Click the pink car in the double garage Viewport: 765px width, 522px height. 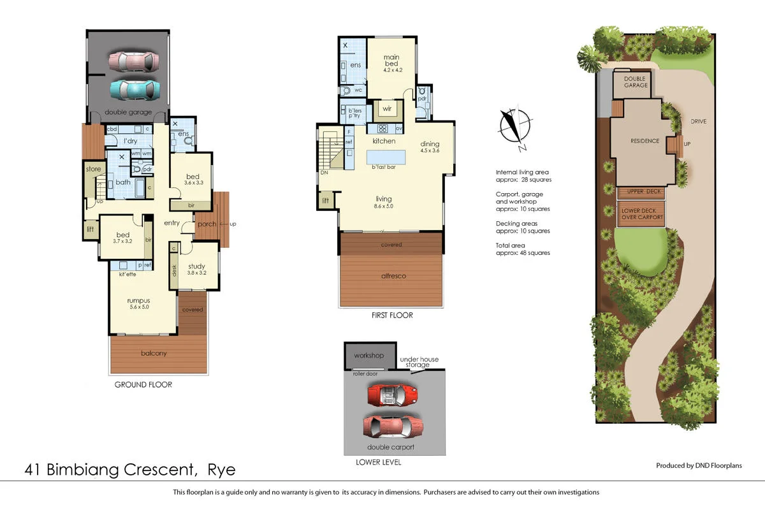click(133, 62)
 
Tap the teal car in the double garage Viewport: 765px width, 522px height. click(133, 90)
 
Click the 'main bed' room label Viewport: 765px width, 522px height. click(391, 61)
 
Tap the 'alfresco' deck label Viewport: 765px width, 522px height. click(391, 276)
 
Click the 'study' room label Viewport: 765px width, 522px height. click(196, 266)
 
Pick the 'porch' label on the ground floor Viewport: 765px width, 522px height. click(207, 224)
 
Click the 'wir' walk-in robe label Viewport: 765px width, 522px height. click(387, 109)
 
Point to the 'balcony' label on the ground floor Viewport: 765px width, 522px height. click(154, 353)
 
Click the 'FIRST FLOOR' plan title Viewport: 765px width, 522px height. click(391, 315)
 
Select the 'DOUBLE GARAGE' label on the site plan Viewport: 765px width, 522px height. click(635, 82)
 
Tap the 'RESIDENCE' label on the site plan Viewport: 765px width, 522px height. click(645, 141)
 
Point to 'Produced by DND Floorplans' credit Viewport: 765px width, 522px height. click(699, 466)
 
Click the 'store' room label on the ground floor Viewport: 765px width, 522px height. click(94, 170)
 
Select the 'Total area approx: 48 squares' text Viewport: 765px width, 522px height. click(523, 249)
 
